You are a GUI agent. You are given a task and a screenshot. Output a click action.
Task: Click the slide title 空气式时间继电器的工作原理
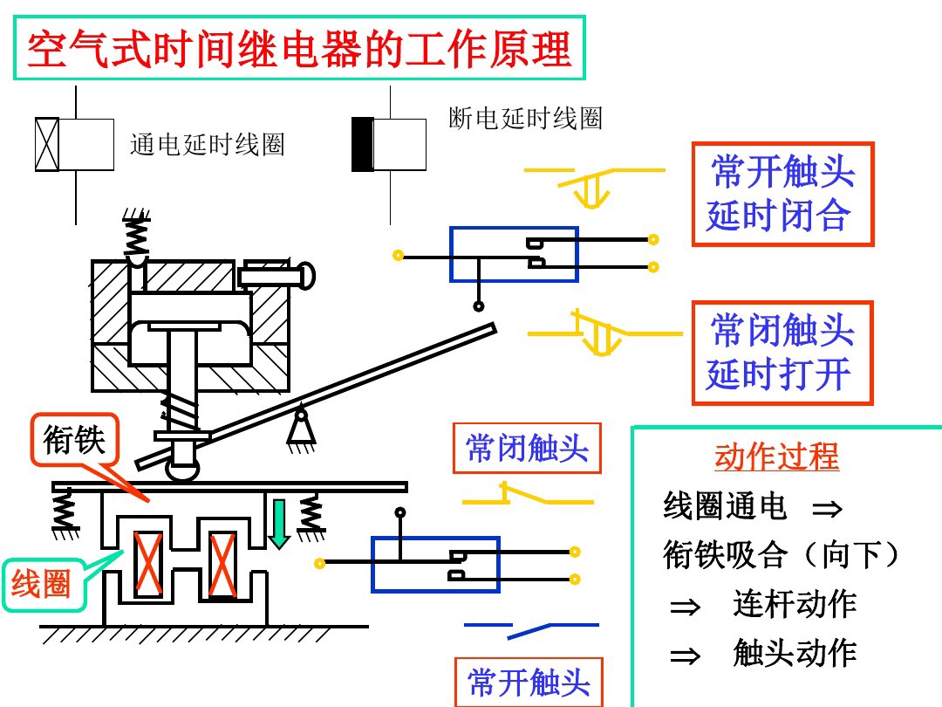point(299,50)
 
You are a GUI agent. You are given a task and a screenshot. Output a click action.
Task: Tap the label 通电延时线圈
point(208,145)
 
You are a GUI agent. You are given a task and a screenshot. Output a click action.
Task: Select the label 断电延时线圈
point(525,119)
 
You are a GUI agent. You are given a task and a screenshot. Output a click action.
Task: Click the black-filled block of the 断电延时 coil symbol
point(361,144)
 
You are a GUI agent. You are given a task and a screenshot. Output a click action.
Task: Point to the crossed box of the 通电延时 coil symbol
point(45,144)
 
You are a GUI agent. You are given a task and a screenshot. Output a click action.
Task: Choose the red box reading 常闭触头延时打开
point(782,353)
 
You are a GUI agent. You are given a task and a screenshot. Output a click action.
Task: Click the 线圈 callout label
point(41,584)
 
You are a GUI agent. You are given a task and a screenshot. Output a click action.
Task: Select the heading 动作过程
point(775,456)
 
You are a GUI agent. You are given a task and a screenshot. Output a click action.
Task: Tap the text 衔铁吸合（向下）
point(782,555)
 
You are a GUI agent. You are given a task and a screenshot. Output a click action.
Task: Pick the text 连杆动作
point(795,604)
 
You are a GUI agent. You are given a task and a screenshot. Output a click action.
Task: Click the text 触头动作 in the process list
point(795,653)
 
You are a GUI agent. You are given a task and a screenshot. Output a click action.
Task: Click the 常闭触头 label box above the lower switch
point(527,449)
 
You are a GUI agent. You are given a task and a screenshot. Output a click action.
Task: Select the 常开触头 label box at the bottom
point(528,682)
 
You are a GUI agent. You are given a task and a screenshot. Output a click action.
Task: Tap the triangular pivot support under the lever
point(301,428)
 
